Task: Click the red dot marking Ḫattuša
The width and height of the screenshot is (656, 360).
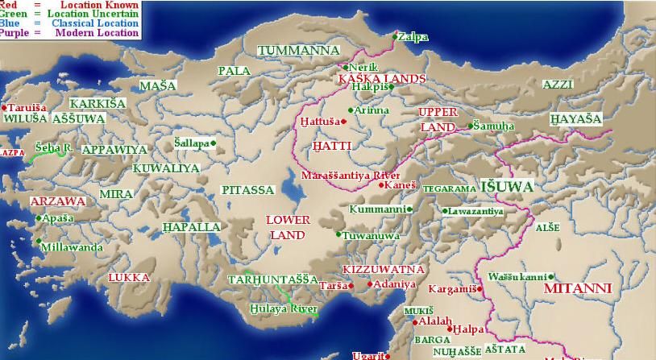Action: pyautogui.click(x=343, y=122)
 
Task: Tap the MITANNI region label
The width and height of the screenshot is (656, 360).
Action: pyautogui.click(x=577, y=288)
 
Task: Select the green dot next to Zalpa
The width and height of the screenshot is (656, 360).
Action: pyautogui.click(x=395, y=36)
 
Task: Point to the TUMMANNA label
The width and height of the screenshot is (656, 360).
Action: pyautogui.click(x=298, y=50)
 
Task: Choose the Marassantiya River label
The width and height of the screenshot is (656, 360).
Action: pyautogui.click(x=351, y=175)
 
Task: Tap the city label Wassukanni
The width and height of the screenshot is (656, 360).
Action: pyautogui.click(x=518, y=276)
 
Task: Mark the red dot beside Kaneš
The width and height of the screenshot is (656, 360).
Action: pyautogui.click(x=381, y=184)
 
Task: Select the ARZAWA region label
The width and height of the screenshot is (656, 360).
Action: pyautogui.click(x=57, y=201)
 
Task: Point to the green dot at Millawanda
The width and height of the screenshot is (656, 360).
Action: pyautogui.click(x=38, y=240)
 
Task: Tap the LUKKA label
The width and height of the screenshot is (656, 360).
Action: pyautogui.click(x=129, y=277)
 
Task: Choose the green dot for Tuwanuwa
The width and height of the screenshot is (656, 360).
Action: pyautogui.click(x=338, y=234)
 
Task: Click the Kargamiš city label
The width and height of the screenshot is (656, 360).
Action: pyautogui.click(x=452, y=288)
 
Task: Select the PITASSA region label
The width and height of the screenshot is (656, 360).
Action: pyautogui.click(x=248, y=190)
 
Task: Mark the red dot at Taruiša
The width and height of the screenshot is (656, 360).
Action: pyautogui.click(x=4, y=107)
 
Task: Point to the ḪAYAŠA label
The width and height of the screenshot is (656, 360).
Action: pyautogui.click(x=575, y=118)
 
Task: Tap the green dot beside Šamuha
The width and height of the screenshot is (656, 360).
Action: pyautogui.click(x=471, y=126)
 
